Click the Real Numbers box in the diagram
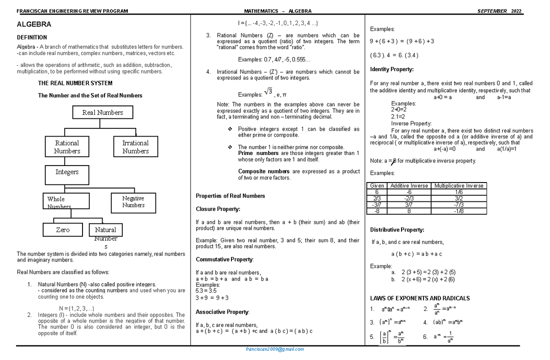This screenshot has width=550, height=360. (103, 112)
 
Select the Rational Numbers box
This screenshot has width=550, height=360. (67, 147)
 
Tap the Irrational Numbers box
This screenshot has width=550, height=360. (135, 147)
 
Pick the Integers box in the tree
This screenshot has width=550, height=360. (67, 172)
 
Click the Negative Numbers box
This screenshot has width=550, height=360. (133, 202)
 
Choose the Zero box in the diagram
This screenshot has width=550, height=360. (63, 230)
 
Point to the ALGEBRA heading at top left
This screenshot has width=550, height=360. (34, 24)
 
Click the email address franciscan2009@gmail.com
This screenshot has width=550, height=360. (275, 349)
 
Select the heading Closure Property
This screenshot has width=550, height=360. (218, 209)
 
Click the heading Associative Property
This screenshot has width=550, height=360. (222, 312)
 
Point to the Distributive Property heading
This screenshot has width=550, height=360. (397, 230)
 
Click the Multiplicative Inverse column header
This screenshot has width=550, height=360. (459, 186)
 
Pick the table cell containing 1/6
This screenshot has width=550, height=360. (459, 192)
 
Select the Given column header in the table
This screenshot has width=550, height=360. (377, 186)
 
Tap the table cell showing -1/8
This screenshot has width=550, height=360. (459, 211)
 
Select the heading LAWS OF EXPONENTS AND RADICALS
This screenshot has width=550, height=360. (419, 298)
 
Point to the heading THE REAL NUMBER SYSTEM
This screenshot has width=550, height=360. (75, 83)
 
